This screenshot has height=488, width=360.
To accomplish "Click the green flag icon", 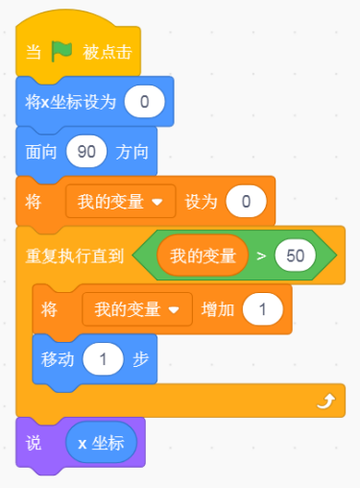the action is [x=61, y=51].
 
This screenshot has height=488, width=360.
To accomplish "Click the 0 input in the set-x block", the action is [x=145, y=102].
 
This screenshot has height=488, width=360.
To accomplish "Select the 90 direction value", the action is [x=86, y=152].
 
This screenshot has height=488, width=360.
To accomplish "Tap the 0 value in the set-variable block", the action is [x=246, y=202].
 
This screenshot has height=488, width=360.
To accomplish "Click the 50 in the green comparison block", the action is [x=296, y=256].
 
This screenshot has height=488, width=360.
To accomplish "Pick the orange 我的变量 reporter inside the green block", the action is [x=203, y=256].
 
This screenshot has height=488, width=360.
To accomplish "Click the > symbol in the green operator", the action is [x=261, y=256].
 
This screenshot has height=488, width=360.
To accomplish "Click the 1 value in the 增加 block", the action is [x=263, y=309].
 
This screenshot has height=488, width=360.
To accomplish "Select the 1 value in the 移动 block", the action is [x=103, y=359].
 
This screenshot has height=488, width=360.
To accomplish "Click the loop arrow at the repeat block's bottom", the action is [x=326, y=402].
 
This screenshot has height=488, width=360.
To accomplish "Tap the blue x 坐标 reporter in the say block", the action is [x=101, y=443].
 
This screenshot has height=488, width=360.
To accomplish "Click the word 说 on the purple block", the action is [x=34, y=444].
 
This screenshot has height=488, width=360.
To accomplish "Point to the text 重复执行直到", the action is [x=75, y=256].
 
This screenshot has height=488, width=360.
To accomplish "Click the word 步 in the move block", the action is [x=140, y=359].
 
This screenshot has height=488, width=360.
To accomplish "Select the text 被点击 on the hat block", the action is [x=108, y=52].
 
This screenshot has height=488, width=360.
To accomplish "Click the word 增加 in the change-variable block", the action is [x=218, y=309].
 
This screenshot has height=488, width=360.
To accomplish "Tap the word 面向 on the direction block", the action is [x=41, y=152].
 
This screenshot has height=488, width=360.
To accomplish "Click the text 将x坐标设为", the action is [x=70, y=102].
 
